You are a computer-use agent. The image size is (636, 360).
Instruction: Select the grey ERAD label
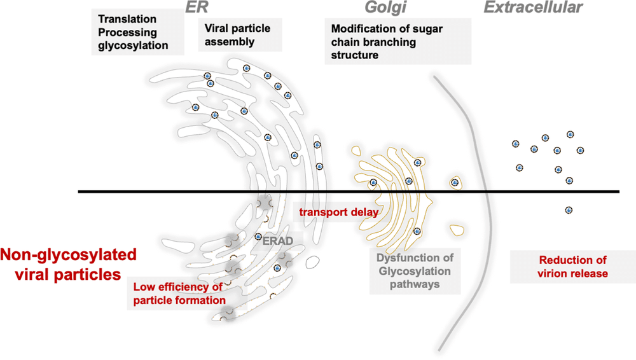[x=275, y=242]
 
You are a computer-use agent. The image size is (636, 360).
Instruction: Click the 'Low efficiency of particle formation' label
[x=179, y=293]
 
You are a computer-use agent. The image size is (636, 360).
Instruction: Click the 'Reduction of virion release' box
[x=573, y=267]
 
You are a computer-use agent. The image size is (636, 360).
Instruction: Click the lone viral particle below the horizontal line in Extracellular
[x=569, y=210]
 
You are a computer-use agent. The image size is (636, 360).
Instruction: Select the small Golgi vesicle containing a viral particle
[x=455, y=183]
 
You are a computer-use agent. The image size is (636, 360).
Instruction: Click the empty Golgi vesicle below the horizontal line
[x=456, y=228]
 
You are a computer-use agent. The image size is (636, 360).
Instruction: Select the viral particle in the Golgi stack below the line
[x=417, y=231]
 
